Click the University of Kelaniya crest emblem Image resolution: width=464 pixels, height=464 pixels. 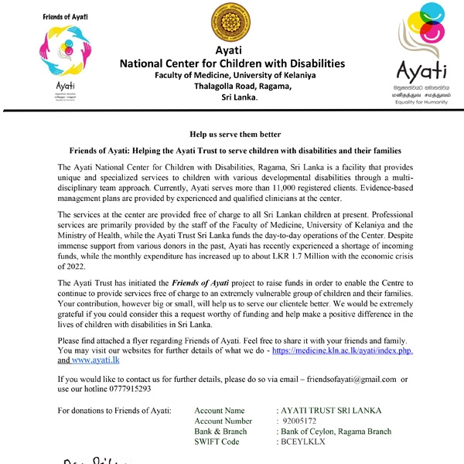232,26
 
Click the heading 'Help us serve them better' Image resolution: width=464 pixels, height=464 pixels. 231,135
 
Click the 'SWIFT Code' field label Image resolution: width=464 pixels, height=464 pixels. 217,442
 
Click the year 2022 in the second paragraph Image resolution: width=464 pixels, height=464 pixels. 71,264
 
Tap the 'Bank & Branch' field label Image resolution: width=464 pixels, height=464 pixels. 221,431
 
